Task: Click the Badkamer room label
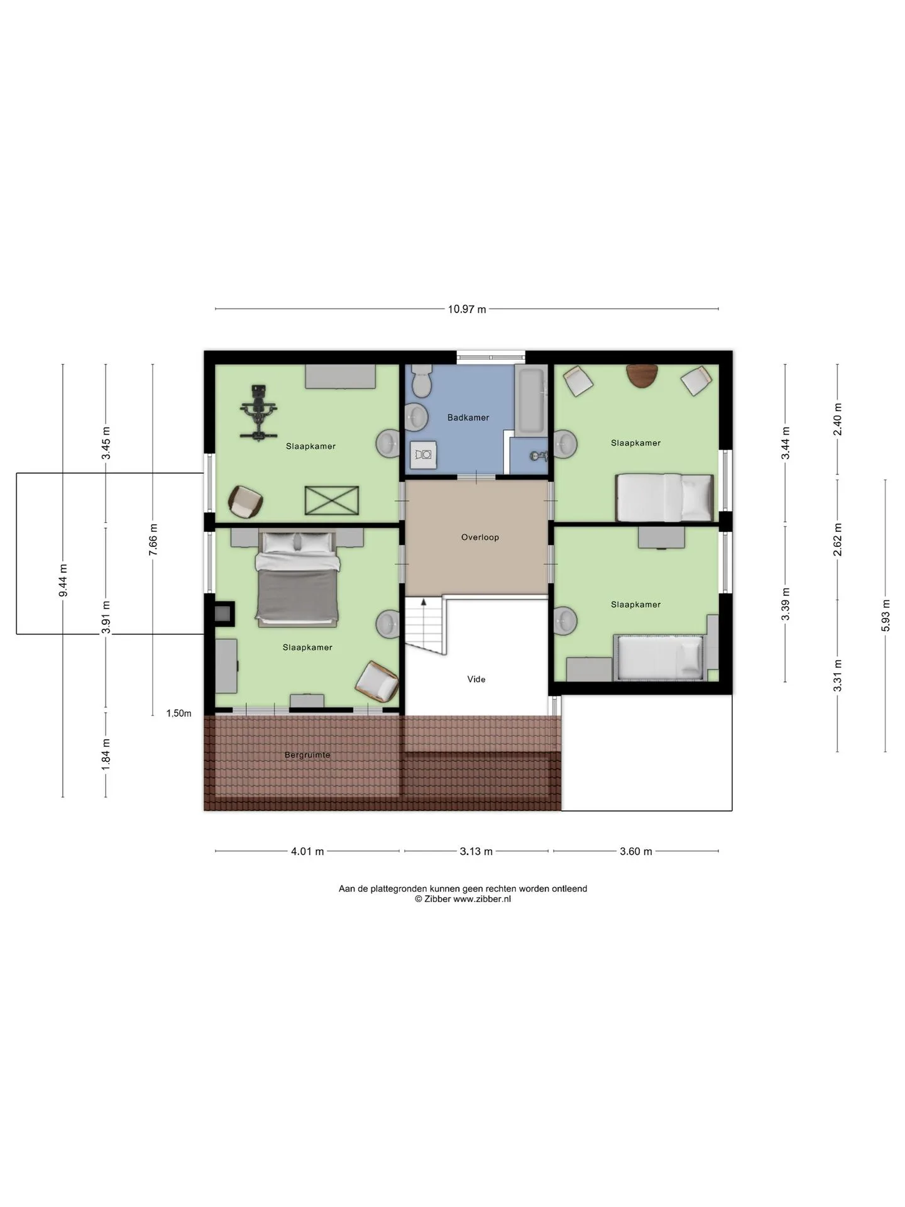[468, 417]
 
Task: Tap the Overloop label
[480, 537]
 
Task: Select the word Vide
[476, 680]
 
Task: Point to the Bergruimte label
[307, 755]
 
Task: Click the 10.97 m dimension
[467, 309]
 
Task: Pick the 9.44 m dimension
[63, 581]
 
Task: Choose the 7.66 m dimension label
[153, 539]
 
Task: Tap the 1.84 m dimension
[106, 752]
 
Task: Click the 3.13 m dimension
[476, 851]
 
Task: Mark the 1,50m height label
[178, 714]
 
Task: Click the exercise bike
[258, 412]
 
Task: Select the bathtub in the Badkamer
[530, 400]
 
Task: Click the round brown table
[642, 375]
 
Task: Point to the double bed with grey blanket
[298, 579]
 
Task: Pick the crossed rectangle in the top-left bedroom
[332, 501]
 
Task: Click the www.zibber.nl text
[482, 899]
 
